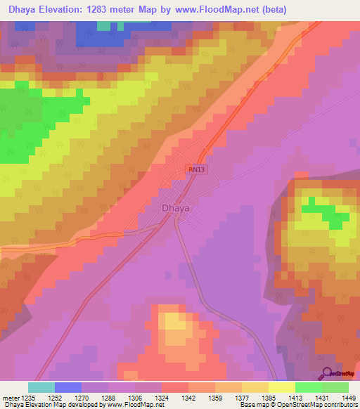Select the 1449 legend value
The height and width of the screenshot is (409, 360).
[348, 398]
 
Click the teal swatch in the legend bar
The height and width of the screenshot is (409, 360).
[41, 387]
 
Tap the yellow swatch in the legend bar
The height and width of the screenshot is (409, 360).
[282, 387]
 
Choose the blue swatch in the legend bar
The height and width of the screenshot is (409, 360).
[68, 387]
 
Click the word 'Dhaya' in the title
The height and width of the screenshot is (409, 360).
[21, 9]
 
